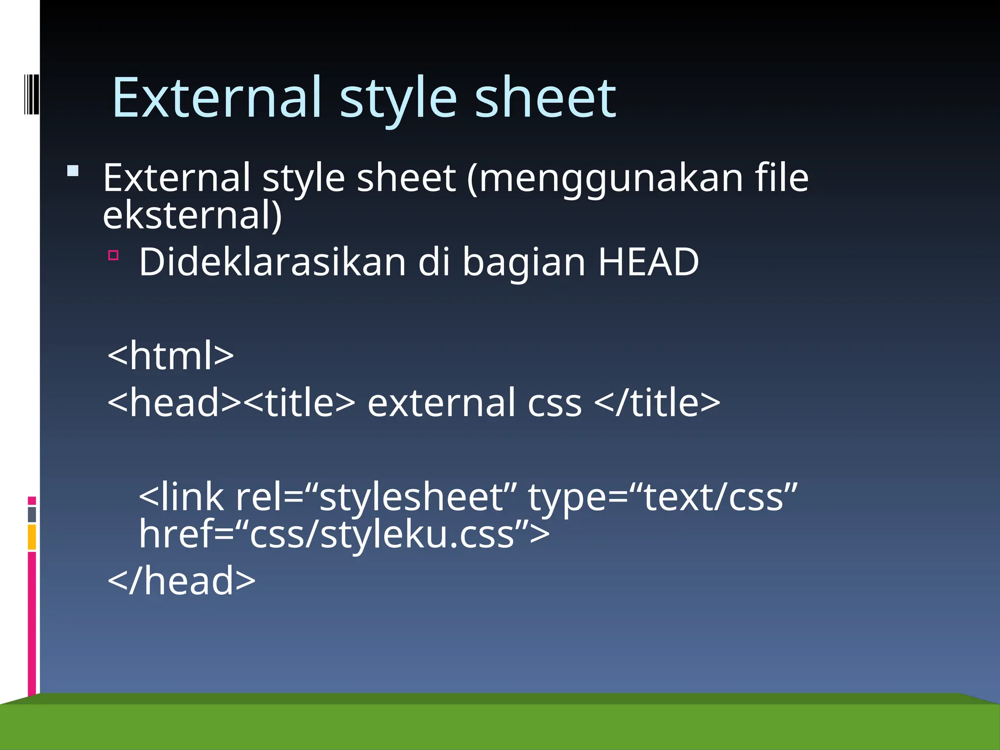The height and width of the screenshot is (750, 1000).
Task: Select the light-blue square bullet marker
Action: tap(73, 170)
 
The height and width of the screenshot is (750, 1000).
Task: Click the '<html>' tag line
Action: tap(170, 355)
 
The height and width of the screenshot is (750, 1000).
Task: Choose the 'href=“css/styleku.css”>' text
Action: tap(344, 534)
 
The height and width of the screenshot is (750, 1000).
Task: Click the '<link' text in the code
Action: tap(181, 497)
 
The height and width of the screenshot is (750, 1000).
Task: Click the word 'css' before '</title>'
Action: tap(555, 403)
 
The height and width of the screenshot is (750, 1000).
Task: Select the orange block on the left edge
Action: tap(32, 537)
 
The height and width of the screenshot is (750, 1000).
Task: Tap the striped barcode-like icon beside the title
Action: tap(31, 94)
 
